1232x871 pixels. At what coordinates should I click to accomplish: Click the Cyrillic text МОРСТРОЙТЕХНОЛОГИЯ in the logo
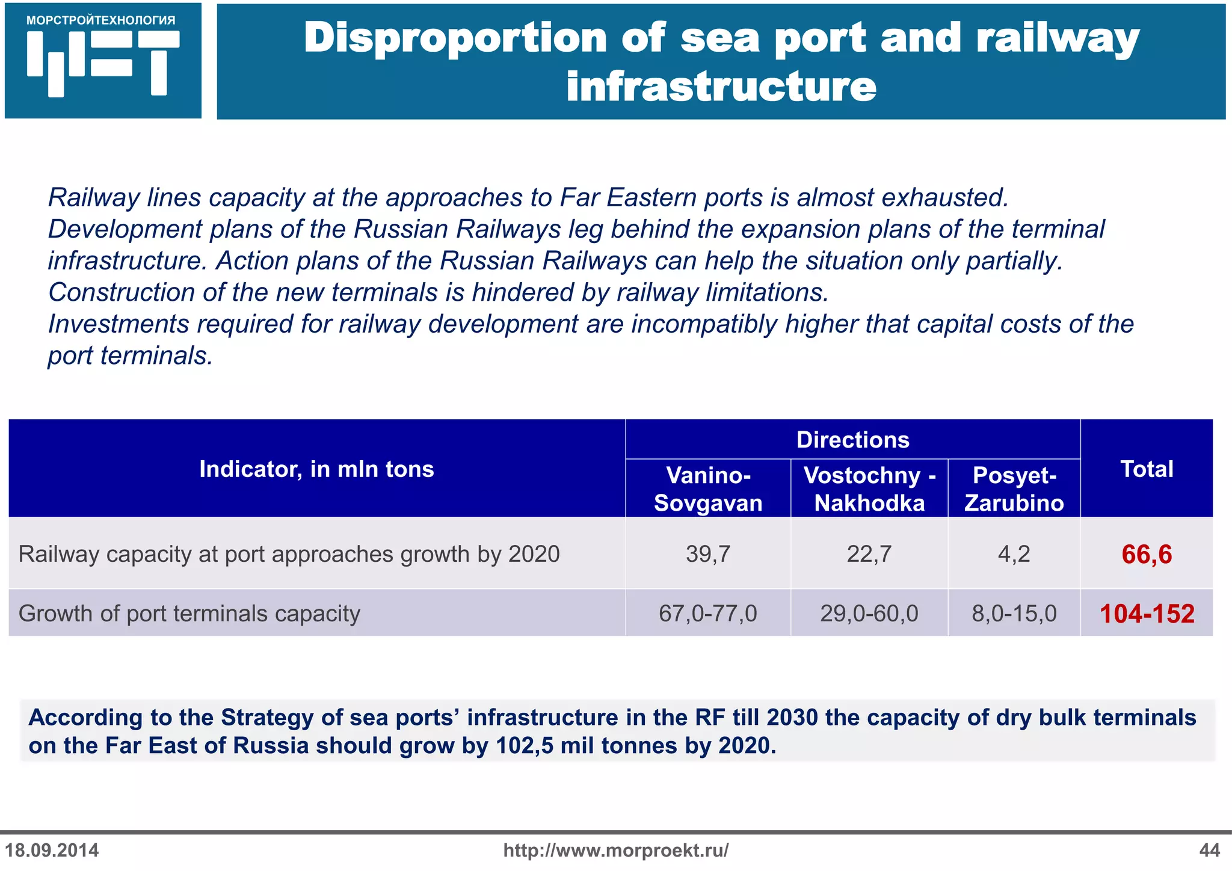pyautogui.click(x=101, y=20)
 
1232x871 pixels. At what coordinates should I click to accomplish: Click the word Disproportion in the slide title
pyautogui.click(x=454, y=38)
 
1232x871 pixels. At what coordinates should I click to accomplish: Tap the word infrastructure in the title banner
pyautogui.click(x=721, y=87)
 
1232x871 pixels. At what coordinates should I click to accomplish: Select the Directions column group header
pyautogui.click(x=852, y=440)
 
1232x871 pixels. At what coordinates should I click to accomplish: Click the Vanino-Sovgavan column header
pyautogui.click(x=708, y=489)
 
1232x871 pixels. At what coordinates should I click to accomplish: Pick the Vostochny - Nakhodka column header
pyautogui.click(x=869, y=489)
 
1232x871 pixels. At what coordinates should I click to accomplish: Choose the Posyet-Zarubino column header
pyautogui.click(x=1014, y=489)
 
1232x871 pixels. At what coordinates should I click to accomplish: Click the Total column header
pyautogui.click(x=1147, y=469)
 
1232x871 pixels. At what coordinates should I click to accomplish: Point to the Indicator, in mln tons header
pyautogui.click(x=316, y=469)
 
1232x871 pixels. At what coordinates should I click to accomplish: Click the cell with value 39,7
pyautogui.click(x=708, y=554)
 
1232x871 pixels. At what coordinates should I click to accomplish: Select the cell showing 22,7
pyautogui.click(x=869, y=554)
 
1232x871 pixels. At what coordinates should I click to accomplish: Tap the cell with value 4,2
pyautogui.click(x=1014, y=554)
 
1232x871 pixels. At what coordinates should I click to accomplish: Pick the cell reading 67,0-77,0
pyautogui.click(x=708, y=614)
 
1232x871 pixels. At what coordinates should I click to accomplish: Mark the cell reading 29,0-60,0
pyautogui.click(x=869, y=614)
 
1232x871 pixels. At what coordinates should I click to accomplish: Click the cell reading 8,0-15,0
pyautogui.click(x=1014, y=614)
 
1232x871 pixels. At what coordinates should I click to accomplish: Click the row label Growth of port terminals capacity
pyautogui.click(x=189, y=614)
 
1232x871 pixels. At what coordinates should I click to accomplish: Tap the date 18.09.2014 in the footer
pyautogui.click(x=52, y=851)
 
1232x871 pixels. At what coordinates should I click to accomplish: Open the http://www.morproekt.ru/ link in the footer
pyautogui.click(x=616, y=851)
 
